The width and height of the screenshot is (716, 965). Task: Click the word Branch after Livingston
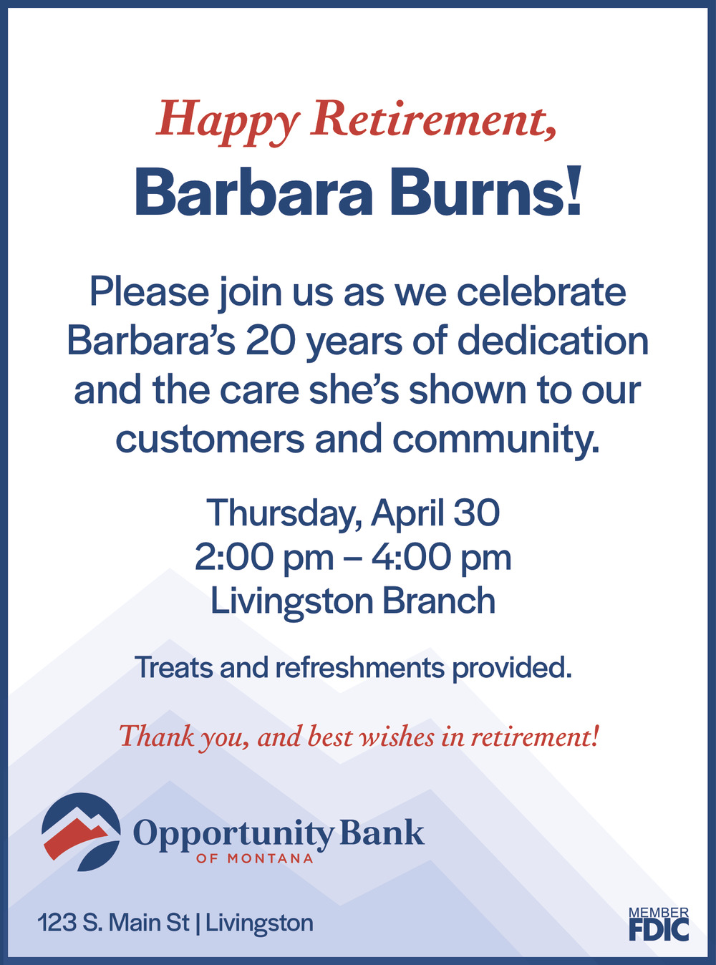[x=439, y=600]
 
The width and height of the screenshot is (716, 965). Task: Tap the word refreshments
[x=359, y=667]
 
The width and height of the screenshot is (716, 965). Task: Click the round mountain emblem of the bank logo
[x=81, y=832]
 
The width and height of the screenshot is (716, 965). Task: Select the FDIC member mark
[x=659, y=923]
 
